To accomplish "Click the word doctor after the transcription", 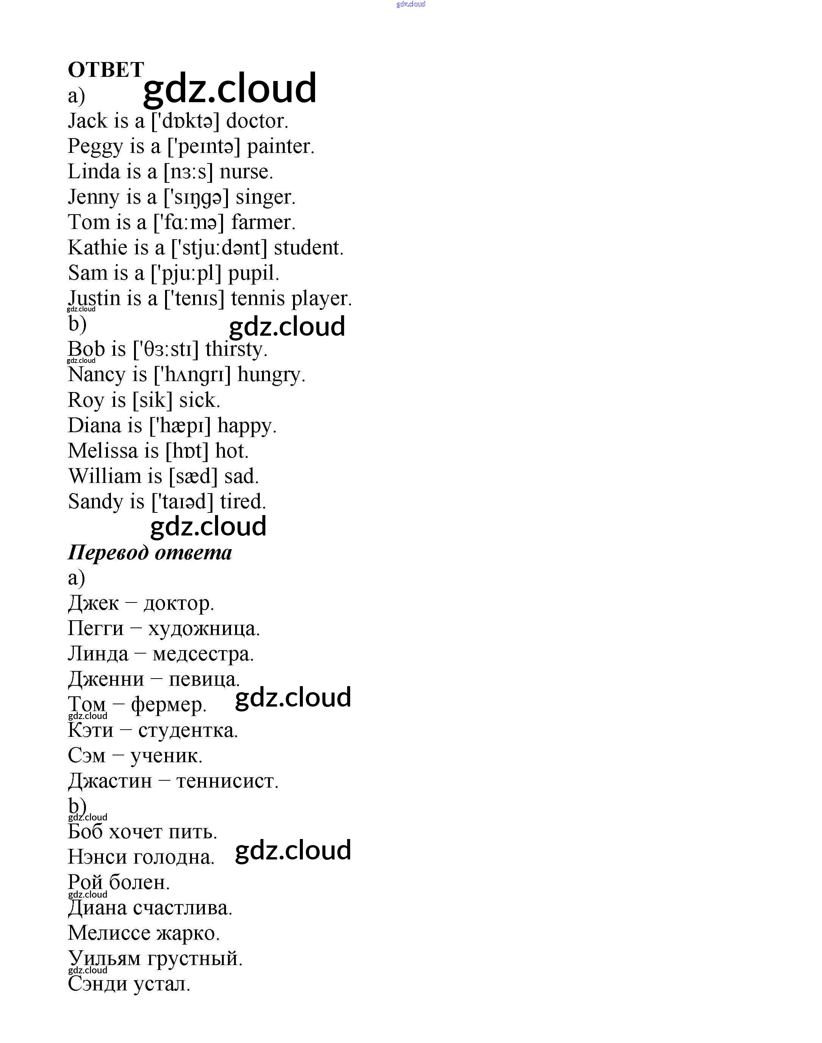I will point(256,121).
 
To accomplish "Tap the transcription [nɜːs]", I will point(188,172).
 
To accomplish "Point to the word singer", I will point(265,197).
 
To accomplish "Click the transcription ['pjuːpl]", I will point(186,273).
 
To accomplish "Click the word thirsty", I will point(236,349).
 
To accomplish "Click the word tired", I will point(243,501).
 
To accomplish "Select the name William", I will point(105,476).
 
